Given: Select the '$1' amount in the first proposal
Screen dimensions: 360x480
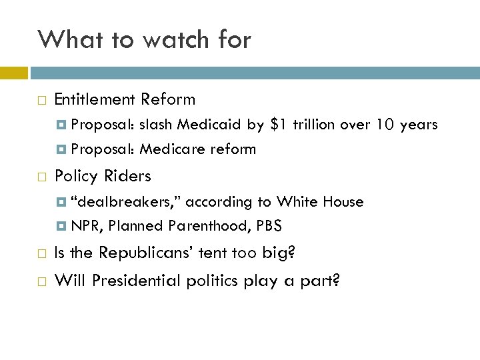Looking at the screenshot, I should [x=280, y=125].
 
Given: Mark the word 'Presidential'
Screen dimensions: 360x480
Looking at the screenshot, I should [x=133, y=281].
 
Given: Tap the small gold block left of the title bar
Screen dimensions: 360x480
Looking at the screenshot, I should [x=13, y=70].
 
